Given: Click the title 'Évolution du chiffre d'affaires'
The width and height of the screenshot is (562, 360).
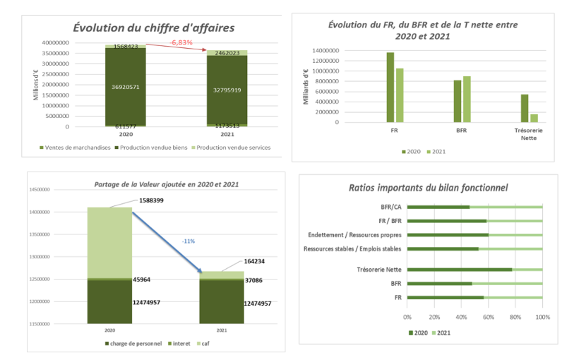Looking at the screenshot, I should point(154,28).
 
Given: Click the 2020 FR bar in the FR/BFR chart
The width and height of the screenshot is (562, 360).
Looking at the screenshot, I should point(390,87).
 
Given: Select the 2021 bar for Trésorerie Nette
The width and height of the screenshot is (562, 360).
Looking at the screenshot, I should point(534,118).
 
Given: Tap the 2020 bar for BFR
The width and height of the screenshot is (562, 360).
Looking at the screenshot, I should point(458,101).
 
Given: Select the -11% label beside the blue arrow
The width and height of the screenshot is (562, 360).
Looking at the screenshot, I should point(189,241).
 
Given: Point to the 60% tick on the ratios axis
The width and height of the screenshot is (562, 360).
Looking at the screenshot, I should point(489,317).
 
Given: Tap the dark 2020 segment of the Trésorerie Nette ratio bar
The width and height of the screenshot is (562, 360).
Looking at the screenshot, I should point(460,270).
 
